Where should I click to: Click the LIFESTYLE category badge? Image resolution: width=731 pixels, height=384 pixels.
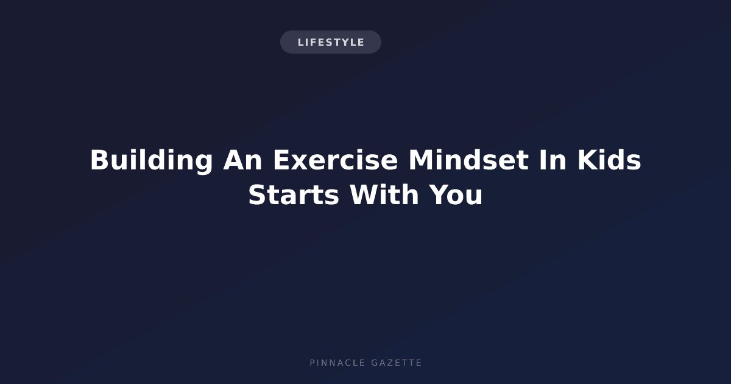click(x=331, y=42)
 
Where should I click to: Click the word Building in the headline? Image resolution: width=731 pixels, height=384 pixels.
click(x=152, y=162)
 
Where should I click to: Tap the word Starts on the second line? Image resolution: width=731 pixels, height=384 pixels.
click(x=294, y=195)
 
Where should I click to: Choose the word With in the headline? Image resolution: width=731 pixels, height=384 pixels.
click(x=384, y=194)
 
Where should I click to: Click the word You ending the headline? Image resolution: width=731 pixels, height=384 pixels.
click(x=456, y=195)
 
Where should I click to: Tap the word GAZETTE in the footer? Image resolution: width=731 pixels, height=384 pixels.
click(x=396, y=363)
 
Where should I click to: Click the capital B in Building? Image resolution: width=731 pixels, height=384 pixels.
click(x=99, y=160)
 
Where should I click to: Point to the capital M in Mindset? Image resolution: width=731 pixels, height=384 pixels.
click(x=420, y=160)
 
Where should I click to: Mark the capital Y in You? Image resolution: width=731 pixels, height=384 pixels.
click(x=438, y=194)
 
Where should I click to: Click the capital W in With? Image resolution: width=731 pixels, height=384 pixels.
click(x=364, y=194)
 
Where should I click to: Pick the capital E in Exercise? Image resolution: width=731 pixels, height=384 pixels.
click(x=281, y=160)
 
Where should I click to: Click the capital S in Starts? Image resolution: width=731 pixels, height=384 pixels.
click(x=257, y=195)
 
